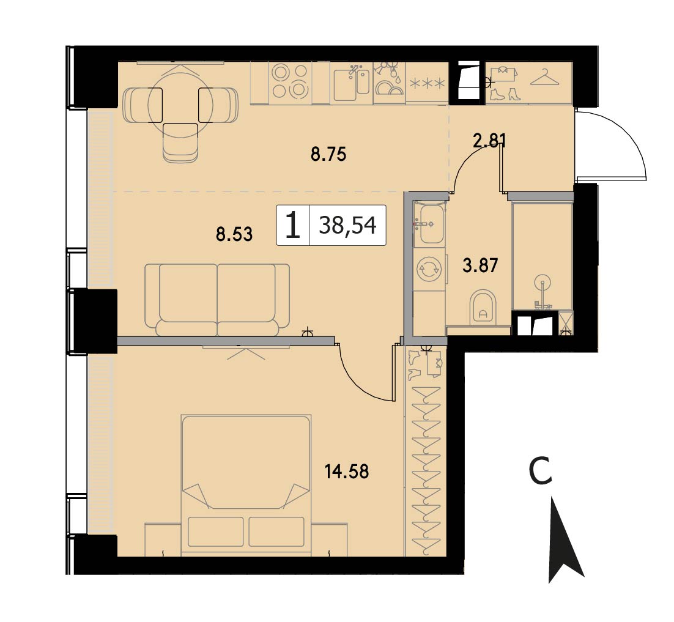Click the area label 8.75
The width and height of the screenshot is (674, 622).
328,154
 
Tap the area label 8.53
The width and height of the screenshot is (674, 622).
234,235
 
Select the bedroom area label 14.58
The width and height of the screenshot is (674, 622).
347,472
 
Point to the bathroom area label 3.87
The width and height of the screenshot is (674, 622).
480,265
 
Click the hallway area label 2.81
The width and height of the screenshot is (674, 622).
489,141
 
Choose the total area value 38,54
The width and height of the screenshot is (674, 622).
348,225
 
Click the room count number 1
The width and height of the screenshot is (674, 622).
293,226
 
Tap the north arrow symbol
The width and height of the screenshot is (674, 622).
565,540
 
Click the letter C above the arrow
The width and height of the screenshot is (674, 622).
540,471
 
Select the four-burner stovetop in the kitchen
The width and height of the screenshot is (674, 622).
290,81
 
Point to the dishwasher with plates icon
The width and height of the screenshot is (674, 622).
390,82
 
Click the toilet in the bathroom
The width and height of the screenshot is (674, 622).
483,308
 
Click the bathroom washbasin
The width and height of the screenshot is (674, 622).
431,223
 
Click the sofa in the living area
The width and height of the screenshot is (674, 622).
217,300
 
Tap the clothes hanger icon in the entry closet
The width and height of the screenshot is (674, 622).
544,78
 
